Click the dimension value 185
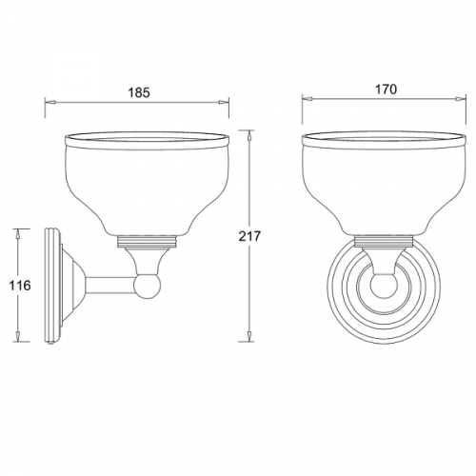point(139,92)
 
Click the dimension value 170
point(386,89)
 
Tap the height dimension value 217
point(249,236)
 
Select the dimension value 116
point(20,286)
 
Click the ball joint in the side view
point(148,287)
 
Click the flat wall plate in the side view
point(52,286)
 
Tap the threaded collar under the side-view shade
point(148,242)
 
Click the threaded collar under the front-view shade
point(384,242)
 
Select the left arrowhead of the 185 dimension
point(50,102)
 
